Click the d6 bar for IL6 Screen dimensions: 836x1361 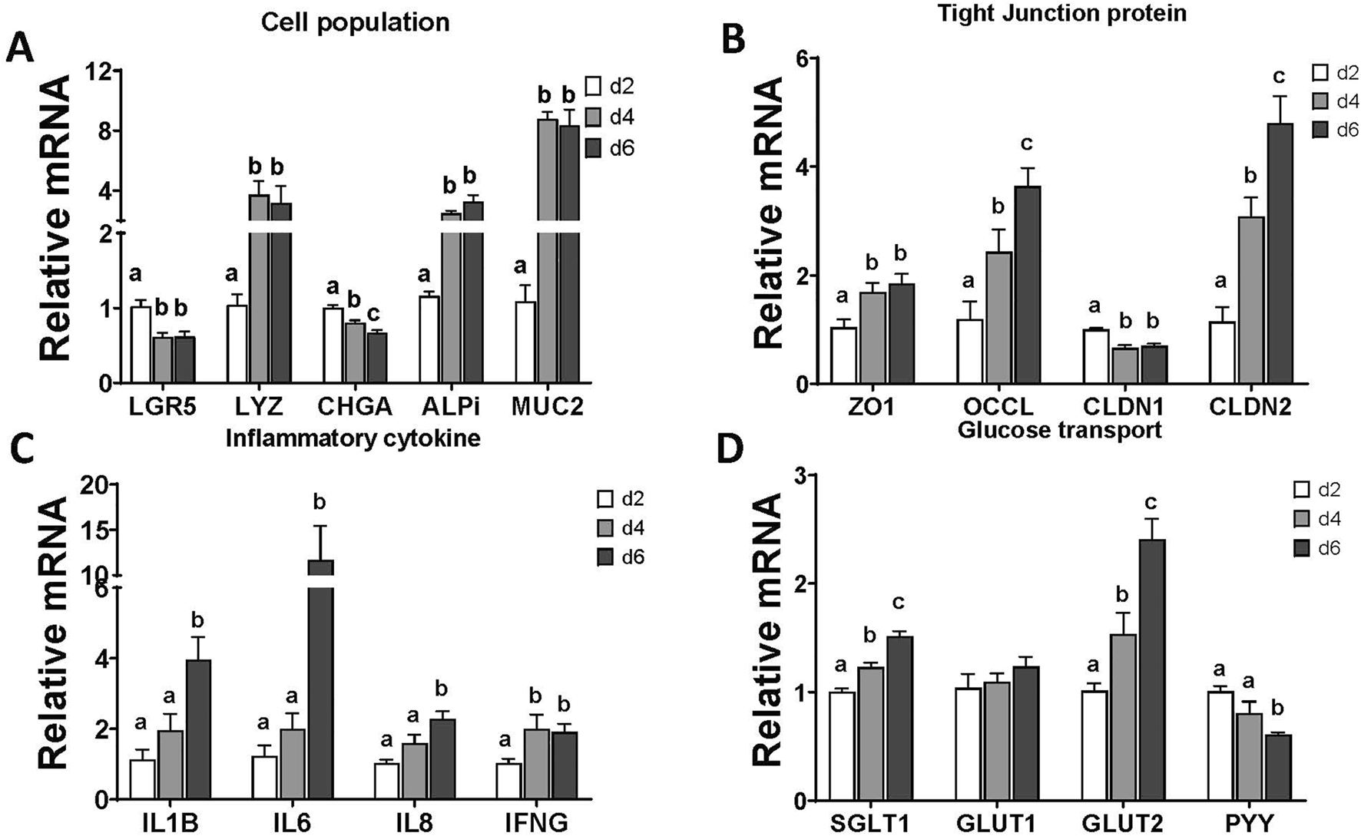coord(321,691)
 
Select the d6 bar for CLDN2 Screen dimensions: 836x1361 coord(1280,253)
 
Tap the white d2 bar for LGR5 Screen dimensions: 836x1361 coord(140,345)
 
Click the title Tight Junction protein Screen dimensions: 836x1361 coord(1062,12)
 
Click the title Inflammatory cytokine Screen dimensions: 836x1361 coord(353,438)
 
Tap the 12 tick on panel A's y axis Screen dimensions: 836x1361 coord(104,71)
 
